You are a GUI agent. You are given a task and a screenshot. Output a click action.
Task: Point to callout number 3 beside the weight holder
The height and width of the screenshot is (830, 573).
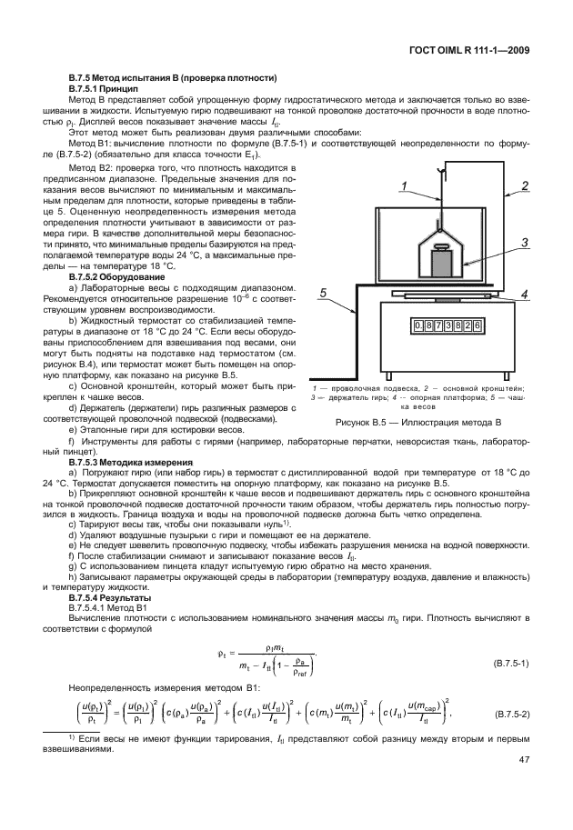tap(525, 243)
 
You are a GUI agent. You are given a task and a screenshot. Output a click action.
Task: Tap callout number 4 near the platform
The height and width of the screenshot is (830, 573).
tap(525, 295)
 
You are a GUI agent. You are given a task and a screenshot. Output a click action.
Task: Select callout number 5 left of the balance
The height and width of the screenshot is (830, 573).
tap(323, 293)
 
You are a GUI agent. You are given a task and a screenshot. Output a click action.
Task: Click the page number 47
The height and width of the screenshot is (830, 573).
tap(524, 785)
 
